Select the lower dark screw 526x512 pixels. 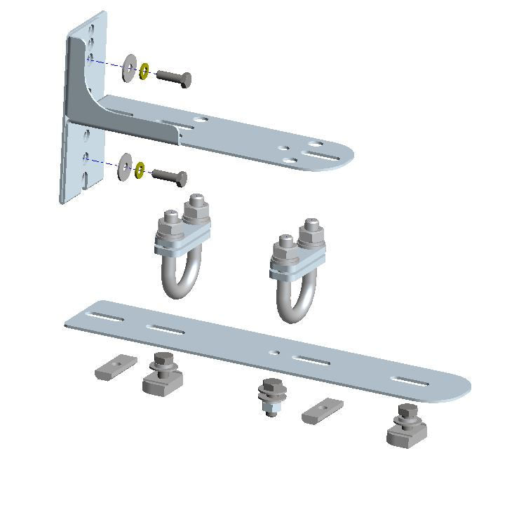click(169, 176)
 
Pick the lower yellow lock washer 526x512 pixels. click(140, 170)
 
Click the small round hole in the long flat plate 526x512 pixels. click(274, 352)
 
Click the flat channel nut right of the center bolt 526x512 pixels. click(321, 411)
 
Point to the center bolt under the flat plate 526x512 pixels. click(271, 397)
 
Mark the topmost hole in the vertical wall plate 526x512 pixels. click(93, 29)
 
